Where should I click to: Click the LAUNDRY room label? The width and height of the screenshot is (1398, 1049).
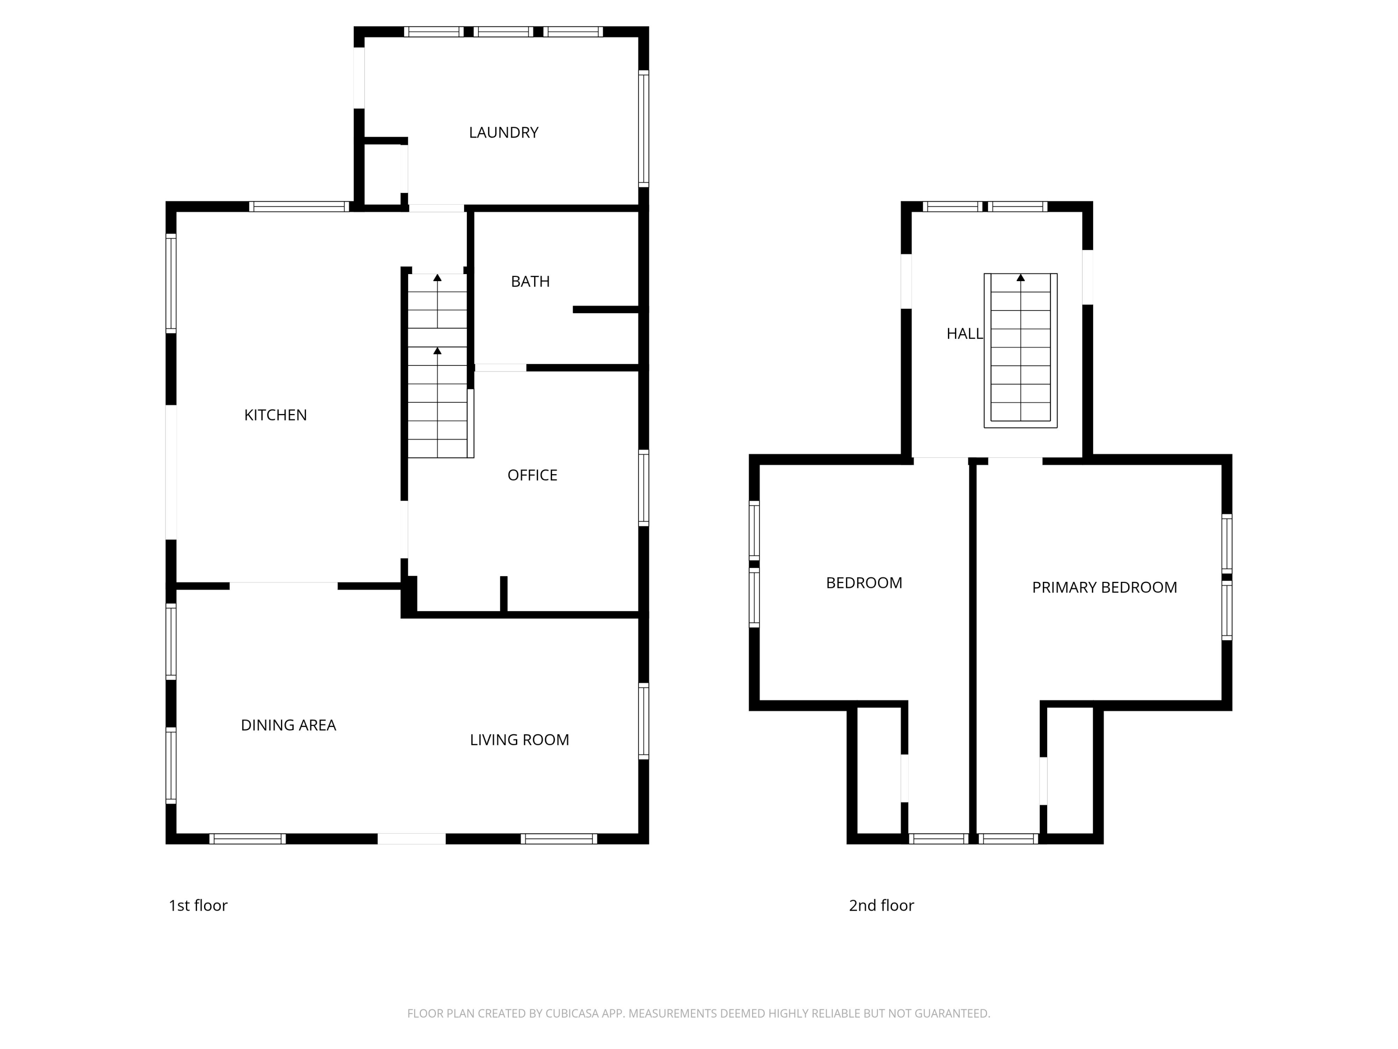point(503,133)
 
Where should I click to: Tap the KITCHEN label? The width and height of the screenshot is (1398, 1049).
point(275,415)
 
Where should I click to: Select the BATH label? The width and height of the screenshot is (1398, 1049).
point(530,282)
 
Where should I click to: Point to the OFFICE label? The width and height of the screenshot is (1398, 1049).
point(532,476)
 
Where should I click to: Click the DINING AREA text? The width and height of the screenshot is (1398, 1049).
point(288,725)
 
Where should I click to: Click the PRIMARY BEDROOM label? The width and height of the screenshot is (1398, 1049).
point(1104,587)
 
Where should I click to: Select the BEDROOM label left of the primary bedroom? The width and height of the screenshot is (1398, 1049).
point(863,583)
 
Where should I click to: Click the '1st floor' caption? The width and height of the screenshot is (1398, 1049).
point(198,905)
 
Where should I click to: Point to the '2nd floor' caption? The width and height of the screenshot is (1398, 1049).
point(881,905)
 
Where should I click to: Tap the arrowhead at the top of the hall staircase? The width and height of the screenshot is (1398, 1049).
point(1020,277)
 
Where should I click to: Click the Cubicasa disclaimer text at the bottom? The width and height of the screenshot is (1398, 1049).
point(699,1014)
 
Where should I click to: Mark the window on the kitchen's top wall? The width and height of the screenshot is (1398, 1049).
point(299,206)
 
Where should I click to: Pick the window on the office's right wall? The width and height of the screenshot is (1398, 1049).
point(644,488)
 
